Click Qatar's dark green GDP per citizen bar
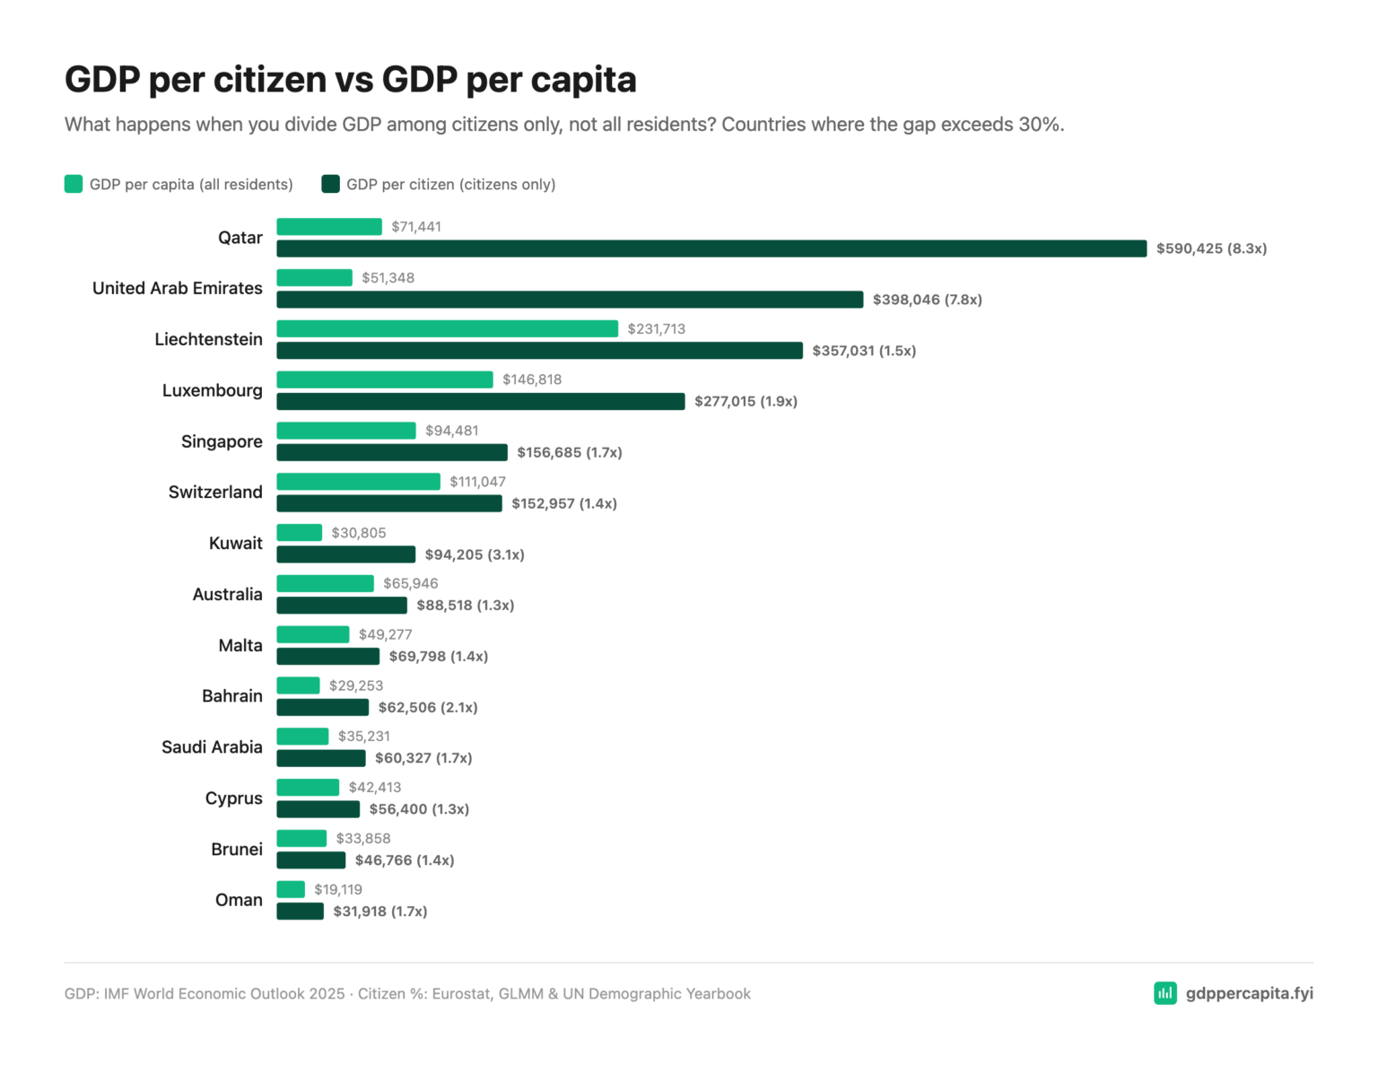click(x=711, y=249)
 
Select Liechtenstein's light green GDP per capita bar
click(x=447, y=328)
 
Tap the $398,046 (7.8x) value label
click(x=927, y=300)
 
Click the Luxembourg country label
click(x=212, y=390)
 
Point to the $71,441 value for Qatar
click(x=416, y=227)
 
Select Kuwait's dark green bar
click(x=345, y=554)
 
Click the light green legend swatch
click(x=74, y=184)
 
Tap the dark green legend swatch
click(x=330, y=184)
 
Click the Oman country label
click(x=239, y=900)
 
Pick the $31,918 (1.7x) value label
click(x=379, y=912)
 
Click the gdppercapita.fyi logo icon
click(x=1164, y=993)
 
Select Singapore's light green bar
click(x=345, y=431)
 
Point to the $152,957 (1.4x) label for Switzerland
click(x=563, y=503)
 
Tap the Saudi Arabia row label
click(x=212, y=747)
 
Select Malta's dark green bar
click(x=327, y=657)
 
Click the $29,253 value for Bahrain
click(x=355, y=685)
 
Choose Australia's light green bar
click(x=325, y=583)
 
